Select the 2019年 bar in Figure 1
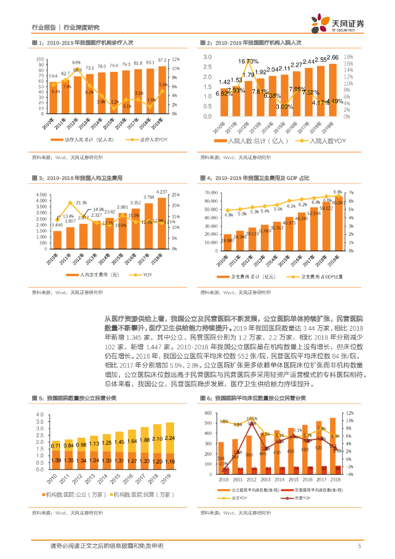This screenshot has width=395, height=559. (163, 90)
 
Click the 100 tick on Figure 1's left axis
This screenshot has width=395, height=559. (40, 59)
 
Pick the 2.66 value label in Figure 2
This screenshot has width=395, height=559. (332, 57)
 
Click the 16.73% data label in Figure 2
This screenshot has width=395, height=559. (251, 61)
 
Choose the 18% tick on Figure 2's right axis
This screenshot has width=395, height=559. (349, 56)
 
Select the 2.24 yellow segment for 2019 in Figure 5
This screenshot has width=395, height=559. (170, 438)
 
